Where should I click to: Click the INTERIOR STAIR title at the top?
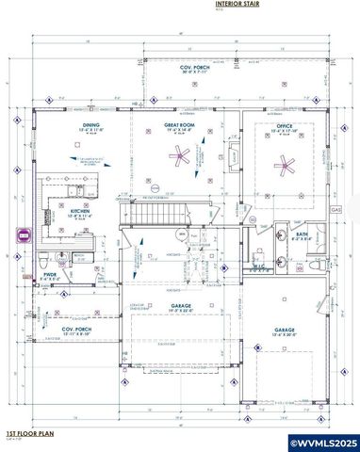[x=236, y=5]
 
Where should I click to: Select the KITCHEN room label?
[x=79, y=212]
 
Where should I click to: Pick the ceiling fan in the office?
[x=285, y=166]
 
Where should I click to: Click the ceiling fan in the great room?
[x=179, y=158]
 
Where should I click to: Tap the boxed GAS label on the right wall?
[x=334, y=210]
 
